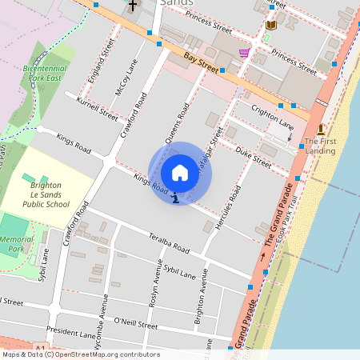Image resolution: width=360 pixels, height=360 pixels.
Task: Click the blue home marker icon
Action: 180,173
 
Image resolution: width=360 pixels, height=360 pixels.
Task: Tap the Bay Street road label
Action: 201,60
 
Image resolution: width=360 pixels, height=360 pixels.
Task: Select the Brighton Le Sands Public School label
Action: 49,193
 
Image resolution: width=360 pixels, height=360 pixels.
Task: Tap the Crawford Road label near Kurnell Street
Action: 134,115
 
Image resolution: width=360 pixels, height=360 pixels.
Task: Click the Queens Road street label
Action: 177,124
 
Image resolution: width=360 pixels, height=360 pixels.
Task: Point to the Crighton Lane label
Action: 273,121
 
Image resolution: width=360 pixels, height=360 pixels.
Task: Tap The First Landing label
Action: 319,146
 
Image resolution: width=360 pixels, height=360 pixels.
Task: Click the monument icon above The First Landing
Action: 320,130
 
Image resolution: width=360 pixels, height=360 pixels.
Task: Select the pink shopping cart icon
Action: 242,53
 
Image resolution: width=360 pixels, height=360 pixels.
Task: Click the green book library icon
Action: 270,26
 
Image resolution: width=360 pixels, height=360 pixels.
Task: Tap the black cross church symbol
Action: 132,6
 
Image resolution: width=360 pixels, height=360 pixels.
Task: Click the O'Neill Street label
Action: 136,324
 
